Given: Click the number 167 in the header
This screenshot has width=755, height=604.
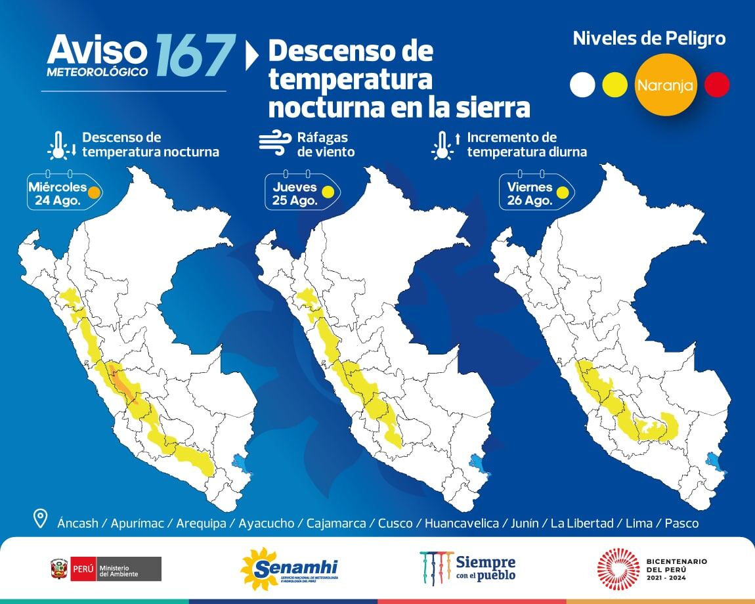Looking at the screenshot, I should click(195, 55).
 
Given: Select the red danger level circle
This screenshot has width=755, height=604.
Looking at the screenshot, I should click(716, 85).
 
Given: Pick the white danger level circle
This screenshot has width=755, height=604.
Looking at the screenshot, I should click(582, 85).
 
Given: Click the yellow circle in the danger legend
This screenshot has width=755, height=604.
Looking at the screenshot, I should click(615, 85).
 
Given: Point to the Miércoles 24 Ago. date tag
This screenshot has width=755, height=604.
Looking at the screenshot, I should click(63, 192).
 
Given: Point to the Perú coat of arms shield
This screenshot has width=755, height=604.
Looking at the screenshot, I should click(59, 569).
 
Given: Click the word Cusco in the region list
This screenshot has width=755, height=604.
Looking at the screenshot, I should click(395, 523).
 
